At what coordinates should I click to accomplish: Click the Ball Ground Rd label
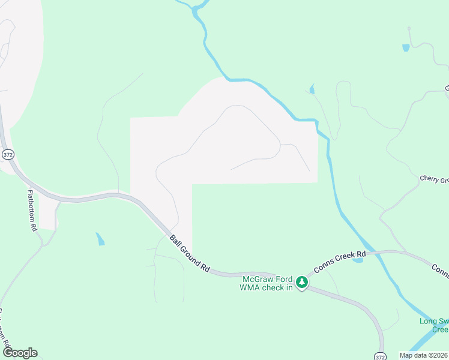tap(189, 254)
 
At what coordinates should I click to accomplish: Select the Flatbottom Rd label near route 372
tap(32, 211)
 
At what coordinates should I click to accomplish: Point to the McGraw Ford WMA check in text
tap(267, 283)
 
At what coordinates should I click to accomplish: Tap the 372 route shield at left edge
tap(7, 154)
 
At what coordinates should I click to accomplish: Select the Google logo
tap(20, 352)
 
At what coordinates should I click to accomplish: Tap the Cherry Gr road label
tap(434, 179)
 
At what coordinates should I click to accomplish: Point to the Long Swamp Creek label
tap(433, 325)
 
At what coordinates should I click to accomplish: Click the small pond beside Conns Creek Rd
tap(358, 259)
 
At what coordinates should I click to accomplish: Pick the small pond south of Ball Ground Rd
tap(100, 239)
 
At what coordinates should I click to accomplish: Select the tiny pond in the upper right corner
tap(406, 47)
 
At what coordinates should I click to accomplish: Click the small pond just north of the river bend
tap(312, 90)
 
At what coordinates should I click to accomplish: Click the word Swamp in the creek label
tap(438, 321)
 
